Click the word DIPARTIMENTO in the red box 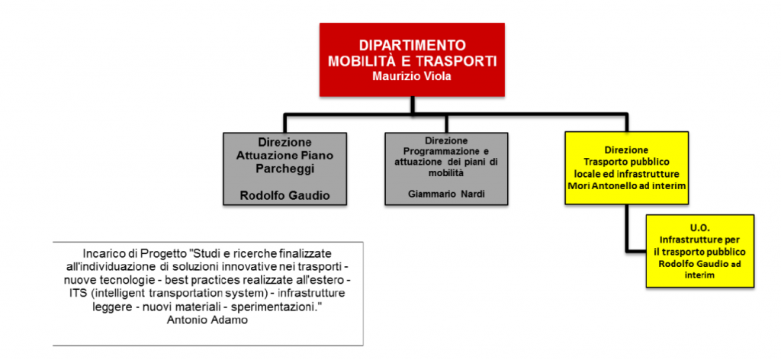click(x=413, y=45)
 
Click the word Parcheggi click(x=284, y=169)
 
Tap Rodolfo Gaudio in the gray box click(x=284, y=196)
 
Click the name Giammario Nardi click(x=447, y=194)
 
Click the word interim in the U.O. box click(x=700, y=275)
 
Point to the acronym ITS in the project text click(x=76, y=293)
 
